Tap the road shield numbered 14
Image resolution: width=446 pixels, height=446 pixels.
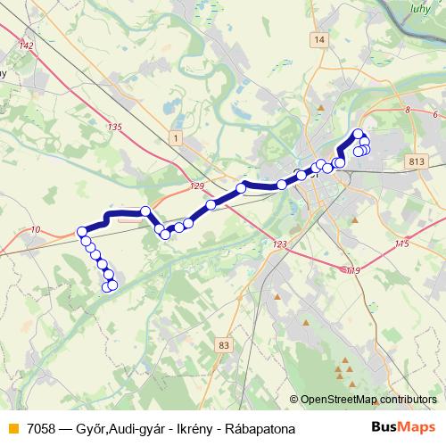click(x=319, y=40)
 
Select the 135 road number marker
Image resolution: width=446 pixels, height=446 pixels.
click(x=113, y=128)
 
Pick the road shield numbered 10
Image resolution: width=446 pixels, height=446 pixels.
click(x=35, y=231)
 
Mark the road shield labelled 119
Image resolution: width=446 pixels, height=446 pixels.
click(x=353, y=270)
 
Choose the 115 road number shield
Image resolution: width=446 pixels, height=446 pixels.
click(x=401, y=244)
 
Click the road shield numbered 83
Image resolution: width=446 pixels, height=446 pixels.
click(x=223, y=344)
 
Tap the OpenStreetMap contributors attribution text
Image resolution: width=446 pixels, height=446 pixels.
click(x=369, y=400)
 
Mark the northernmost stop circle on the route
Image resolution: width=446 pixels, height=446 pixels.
click(x=359, y=135)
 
